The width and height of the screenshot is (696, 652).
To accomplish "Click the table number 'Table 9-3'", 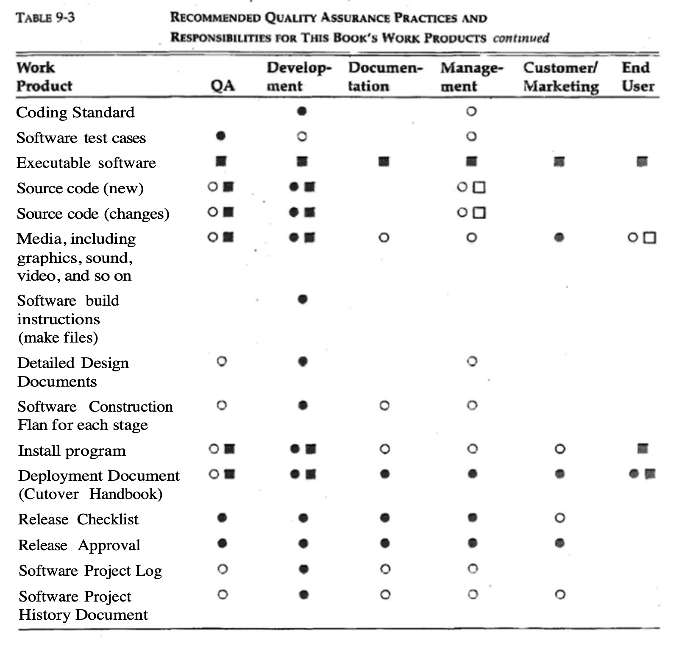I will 45,18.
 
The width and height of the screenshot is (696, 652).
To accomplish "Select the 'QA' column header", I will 223,86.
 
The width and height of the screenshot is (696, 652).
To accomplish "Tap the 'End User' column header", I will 638,77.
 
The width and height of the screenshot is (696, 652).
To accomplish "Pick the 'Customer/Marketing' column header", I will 561,77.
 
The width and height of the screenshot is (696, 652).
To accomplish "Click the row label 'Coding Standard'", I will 75,112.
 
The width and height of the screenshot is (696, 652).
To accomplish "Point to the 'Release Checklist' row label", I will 78,519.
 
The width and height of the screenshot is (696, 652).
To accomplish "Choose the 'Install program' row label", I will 72,450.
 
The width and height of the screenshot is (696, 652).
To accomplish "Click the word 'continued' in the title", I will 521,38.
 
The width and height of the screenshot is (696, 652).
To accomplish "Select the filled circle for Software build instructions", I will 302,300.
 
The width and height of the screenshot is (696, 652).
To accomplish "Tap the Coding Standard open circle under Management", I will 471,111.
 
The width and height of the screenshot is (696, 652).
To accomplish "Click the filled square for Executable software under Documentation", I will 384,162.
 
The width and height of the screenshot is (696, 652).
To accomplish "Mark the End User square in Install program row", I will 643,448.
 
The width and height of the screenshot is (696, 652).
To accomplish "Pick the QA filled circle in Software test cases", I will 220,136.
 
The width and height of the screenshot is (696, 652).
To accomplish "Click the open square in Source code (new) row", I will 479,187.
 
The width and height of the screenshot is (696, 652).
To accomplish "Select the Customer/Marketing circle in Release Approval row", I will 560,543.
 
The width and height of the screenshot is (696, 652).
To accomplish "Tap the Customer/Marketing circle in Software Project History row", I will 560,595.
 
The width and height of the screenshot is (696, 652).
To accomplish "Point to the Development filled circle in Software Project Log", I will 303,569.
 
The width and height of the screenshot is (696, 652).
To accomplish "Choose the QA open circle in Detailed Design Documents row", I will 221,362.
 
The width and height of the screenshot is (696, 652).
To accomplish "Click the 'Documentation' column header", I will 385,77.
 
